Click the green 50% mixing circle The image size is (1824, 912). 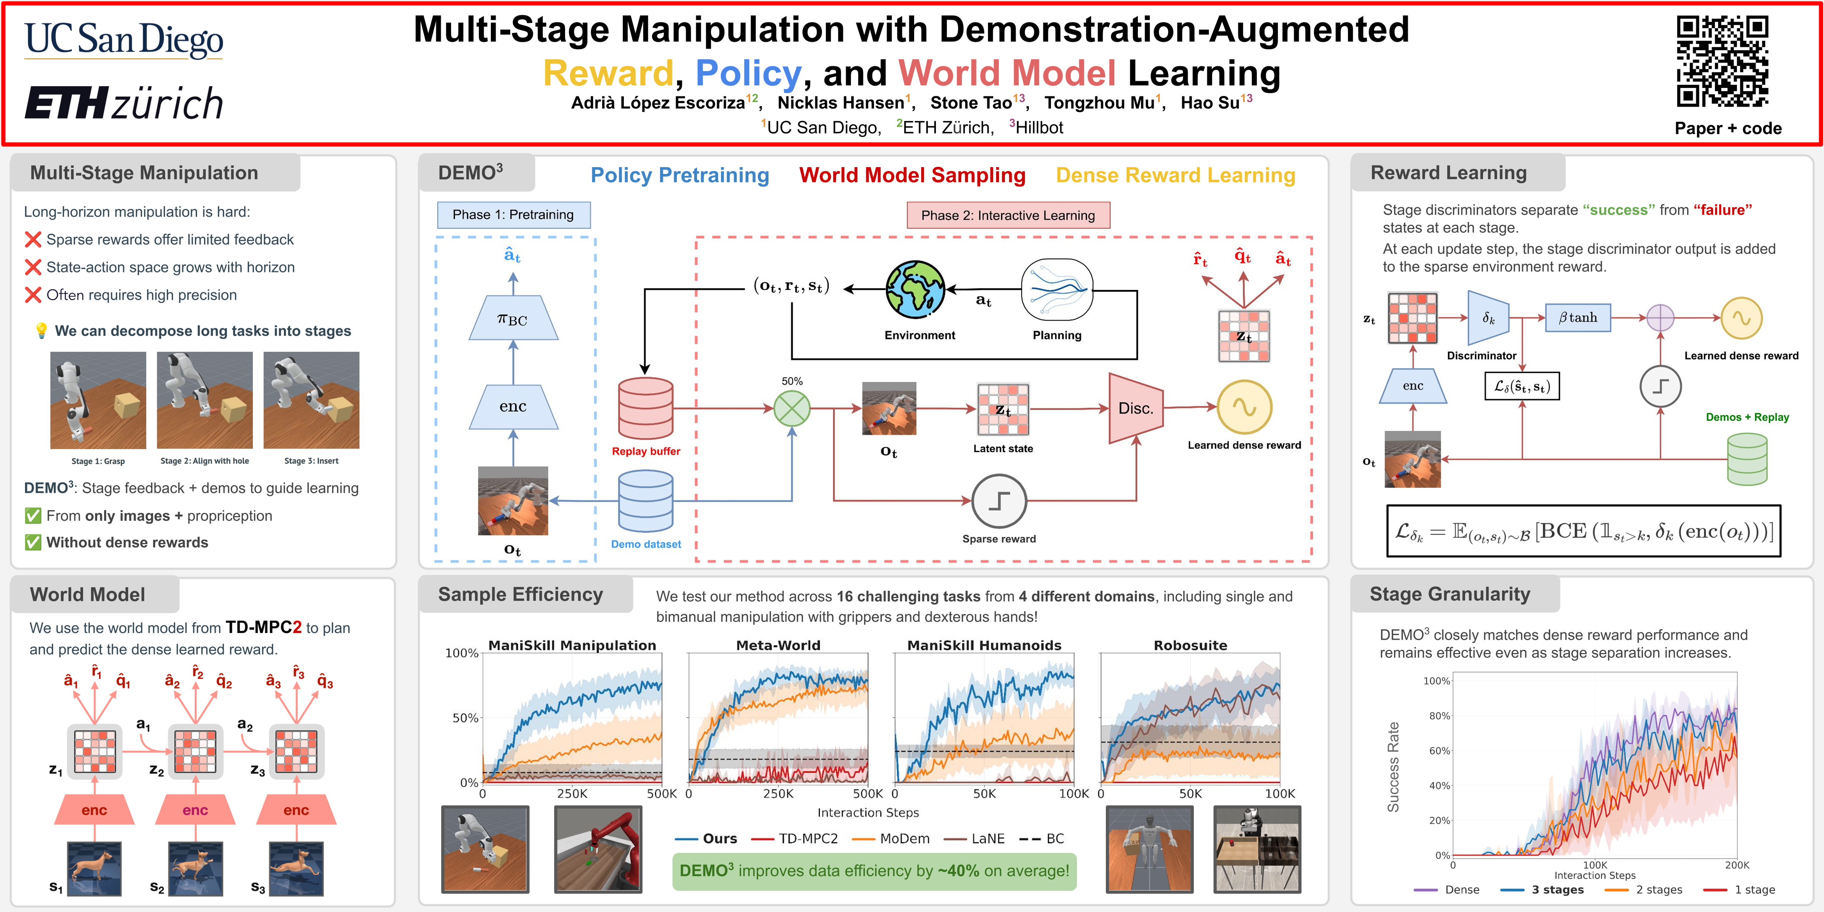coord(792,409)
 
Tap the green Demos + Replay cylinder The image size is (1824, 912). coord(1747,459)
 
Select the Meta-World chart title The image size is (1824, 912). coord(778,645)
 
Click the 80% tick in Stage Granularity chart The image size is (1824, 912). coord(1439,716)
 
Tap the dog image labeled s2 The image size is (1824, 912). coord(196,868)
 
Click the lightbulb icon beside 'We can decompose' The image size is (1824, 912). coord(41,331)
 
